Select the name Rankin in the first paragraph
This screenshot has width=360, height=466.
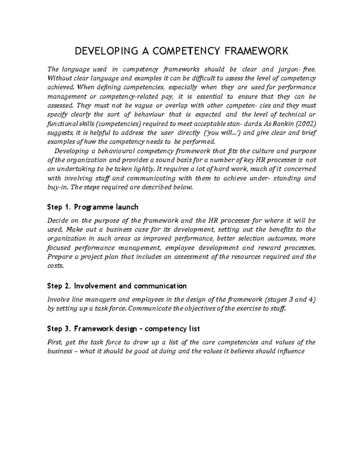click(x=282, y=124)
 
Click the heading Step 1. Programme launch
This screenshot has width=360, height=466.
click(x=93, y=207)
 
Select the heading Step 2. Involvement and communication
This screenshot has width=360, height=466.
click(x=117, y=286)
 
